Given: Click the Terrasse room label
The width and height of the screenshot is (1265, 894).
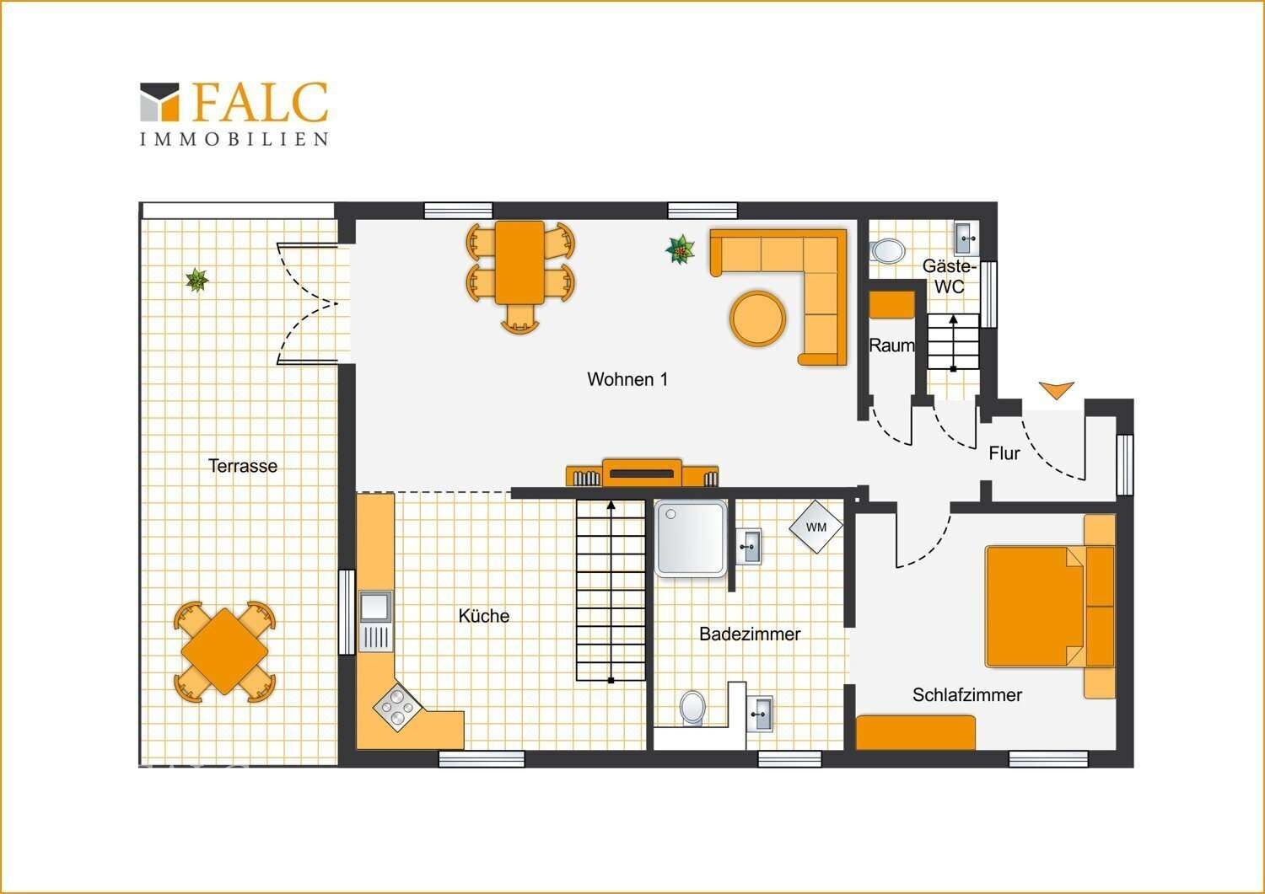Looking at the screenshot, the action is [x=243, y=466].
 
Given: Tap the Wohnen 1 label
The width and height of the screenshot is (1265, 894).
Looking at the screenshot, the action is [x=627, y=379].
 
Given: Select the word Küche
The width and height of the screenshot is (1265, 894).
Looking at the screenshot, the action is [x=484, y=616].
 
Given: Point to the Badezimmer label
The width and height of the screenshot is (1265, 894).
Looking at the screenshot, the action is [x=750, y=634].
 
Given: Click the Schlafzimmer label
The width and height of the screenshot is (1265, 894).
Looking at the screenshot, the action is [x=967, y=695].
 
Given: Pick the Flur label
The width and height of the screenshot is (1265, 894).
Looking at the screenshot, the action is [x=1004, y=453].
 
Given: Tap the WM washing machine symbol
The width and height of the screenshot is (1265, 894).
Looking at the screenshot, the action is [x=816, y=527].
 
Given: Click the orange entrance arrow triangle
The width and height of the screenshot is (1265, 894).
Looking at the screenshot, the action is [x=1056, y=390].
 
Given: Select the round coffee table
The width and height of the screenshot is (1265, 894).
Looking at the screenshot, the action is [x=758, y=318].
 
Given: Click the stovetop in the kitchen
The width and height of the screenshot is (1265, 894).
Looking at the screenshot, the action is [x=397, y=708].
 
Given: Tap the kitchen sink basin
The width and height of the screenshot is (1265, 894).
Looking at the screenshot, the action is [x=375, y=606].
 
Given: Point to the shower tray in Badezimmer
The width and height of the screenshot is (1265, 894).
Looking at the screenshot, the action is [x=691, y=539].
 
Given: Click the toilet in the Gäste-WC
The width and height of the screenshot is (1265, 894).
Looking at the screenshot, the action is [x=887, y=250].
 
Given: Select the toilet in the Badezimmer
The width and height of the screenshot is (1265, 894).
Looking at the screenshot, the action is [x=693, y=708].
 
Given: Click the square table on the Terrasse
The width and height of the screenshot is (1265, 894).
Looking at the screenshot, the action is [x=225, y=650].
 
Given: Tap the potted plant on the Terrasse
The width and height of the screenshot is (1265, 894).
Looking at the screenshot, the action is [x=196, y=280].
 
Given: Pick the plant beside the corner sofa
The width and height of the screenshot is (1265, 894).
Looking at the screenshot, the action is [x=680, y=249].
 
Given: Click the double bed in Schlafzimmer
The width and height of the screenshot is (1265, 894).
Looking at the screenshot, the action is [x=1051, y=606].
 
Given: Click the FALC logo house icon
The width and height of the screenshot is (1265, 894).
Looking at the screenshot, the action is [x=160, y=102].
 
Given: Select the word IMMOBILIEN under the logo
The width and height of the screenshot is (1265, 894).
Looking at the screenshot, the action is [x=234, y=139].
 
